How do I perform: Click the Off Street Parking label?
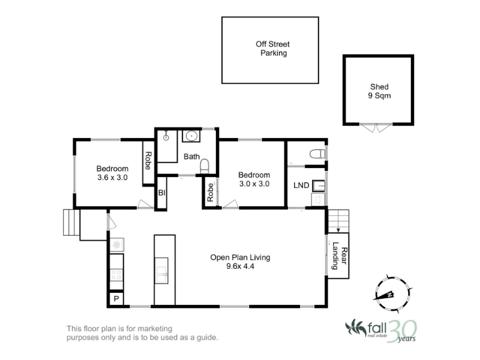(273, 49)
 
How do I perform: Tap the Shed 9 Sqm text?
(379, 91)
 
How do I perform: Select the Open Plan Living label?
(240, 257)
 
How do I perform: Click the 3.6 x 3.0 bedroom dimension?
(112, 178)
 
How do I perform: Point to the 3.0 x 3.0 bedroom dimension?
(254, 184)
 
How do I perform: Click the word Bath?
(191, 157)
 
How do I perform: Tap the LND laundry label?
(301, 185)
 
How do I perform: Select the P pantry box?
(116, 298)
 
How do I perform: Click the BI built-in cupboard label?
(161, 193)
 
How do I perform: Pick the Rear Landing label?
(340, 256)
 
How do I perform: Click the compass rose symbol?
(392, 294)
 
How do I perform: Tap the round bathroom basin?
(191, 136)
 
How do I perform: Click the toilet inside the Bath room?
(205, 166)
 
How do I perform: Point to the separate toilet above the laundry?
(317, 154)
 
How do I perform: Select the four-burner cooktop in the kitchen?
(116, 275)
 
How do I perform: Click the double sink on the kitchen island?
(161, 271)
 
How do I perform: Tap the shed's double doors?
(376, 127)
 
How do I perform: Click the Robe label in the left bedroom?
(148, 161)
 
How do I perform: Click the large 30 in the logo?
(402, 331)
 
